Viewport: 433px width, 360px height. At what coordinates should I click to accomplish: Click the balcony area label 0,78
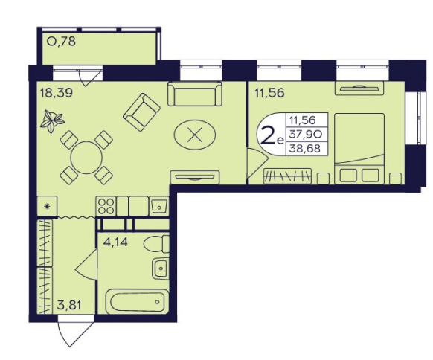tap(61, 42)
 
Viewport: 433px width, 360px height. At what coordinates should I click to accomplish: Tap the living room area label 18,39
tap(57, 93)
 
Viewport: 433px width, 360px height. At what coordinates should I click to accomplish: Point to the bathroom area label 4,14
tap(115, 242)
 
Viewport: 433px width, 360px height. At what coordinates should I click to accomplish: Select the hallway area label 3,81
tap(69, 306)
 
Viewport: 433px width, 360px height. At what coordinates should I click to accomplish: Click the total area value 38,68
tap(304, 149)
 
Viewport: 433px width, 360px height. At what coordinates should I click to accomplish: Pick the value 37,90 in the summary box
tap(304, 135)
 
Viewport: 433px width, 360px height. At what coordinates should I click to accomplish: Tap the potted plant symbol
tap(52, 121)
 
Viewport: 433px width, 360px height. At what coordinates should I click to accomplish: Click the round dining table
tap(86, 158)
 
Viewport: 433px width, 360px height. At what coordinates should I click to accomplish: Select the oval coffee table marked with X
tap(195, 135)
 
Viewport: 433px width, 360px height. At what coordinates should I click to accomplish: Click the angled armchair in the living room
tap(141, 112)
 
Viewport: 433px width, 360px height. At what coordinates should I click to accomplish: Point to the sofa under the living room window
tap(195, 94)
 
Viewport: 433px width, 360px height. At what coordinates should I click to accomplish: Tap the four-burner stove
tap(106, 206)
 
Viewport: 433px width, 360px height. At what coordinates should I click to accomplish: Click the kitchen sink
tap(159, 206)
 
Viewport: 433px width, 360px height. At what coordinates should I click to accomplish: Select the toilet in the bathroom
tap(156, 244)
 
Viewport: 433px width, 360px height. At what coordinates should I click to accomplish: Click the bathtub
tap(137, 301)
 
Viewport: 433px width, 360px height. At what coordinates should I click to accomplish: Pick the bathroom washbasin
tap(161, 269)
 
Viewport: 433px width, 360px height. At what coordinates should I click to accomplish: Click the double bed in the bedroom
tap(359, 149)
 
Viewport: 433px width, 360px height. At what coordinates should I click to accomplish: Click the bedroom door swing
tap(257, 163)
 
